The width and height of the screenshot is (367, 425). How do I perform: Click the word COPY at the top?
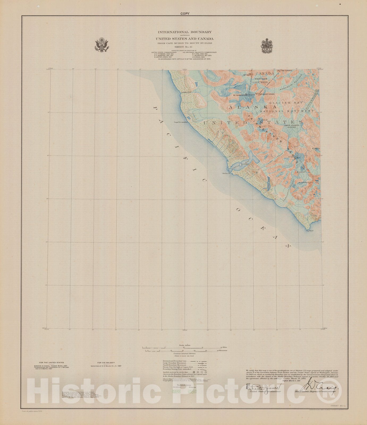[x=185, y=14]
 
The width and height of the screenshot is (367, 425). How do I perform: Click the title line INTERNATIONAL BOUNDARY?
[x=184, y=32]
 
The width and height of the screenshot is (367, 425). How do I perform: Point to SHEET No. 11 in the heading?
[x=184, y=46]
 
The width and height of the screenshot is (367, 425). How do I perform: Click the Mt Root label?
[x=247, y=75]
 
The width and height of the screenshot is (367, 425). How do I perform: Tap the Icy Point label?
[x=310, y=231]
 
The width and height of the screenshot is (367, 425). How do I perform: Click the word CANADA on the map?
[x=265, y=74]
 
